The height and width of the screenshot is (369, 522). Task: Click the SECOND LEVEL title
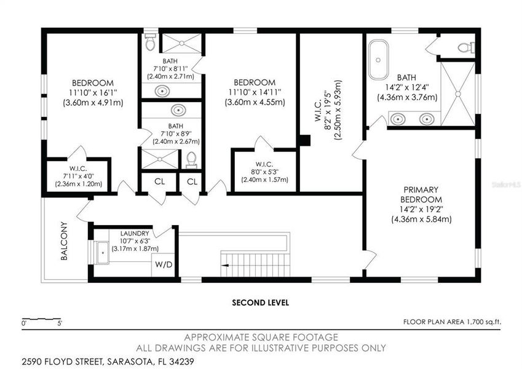[260, 303]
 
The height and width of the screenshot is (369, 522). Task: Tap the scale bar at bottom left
[42, 320]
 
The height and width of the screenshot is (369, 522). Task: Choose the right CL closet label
[192, 181]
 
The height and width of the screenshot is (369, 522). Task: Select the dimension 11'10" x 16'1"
[93, 93]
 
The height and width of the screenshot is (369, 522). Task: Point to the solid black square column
[304, 140]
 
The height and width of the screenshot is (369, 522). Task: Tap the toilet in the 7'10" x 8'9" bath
[191, 159]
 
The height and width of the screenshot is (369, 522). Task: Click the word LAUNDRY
[135, 234]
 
